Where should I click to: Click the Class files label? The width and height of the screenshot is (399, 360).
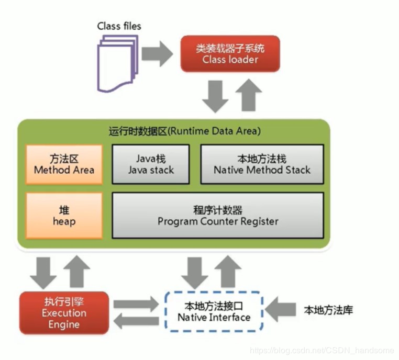click(x=119, y=26)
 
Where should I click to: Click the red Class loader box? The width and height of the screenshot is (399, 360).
click(x=230, y=54)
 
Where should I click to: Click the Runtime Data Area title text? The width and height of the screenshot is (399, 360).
click(x=206, y=131)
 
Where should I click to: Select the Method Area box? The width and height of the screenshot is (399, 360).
click(x=64, y=164)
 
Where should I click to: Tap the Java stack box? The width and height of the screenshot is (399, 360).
click(x=151, y=164)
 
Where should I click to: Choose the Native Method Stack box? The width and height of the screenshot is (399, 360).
click(x=262, y=164)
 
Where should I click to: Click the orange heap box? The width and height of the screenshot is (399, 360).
click(x=64, y=215)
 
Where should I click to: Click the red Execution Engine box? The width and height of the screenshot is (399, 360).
click(x=64, y=312)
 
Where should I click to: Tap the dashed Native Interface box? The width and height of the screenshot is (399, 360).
click(x=214, y=311)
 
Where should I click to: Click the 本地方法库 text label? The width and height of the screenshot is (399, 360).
click(x=328, y=310)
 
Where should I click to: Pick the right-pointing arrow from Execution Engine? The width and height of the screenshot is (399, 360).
click(x=136, y=303)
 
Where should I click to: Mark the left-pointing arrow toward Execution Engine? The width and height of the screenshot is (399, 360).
click(x=136, y=321)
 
